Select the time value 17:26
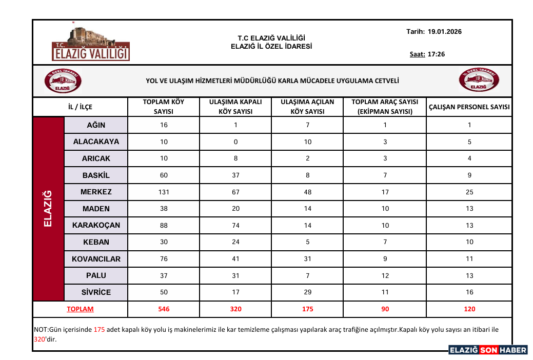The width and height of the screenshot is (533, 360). click(436, 54)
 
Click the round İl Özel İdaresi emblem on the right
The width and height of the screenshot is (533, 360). click(479, 81)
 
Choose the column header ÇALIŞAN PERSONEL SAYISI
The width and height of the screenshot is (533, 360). click(469, 107)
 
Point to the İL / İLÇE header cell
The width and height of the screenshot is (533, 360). click(80, 107)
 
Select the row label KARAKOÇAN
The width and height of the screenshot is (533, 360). click(96, 225)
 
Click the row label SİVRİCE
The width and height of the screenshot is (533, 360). click(96, 292)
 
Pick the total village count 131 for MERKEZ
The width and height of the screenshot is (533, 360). click(164, 192)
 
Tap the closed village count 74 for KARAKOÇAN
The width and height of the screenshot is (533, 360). click(235, 225)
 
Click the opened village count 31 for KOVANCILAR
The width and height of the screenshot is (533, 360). click(307, 259)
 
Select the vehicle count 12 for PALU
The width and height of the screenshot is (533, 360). click(385, 275)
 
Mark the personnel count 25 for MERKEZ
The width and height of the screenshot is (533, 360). click(469, 192)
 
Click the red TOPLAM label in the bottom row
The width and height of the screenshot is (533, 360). click(80, 309)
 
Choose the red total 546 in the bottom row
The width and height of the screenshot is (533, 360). click(164, 309)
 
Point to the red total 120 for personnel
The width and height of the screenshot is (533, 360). click(469, 309)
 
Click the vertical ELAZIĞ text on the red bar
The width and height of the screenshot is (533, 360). click(48, 208)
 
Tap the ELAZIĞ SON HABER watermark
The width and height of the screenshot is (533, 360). click(488, 350)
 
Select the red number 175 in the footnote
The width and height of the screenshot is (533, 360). click(99, 330)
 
